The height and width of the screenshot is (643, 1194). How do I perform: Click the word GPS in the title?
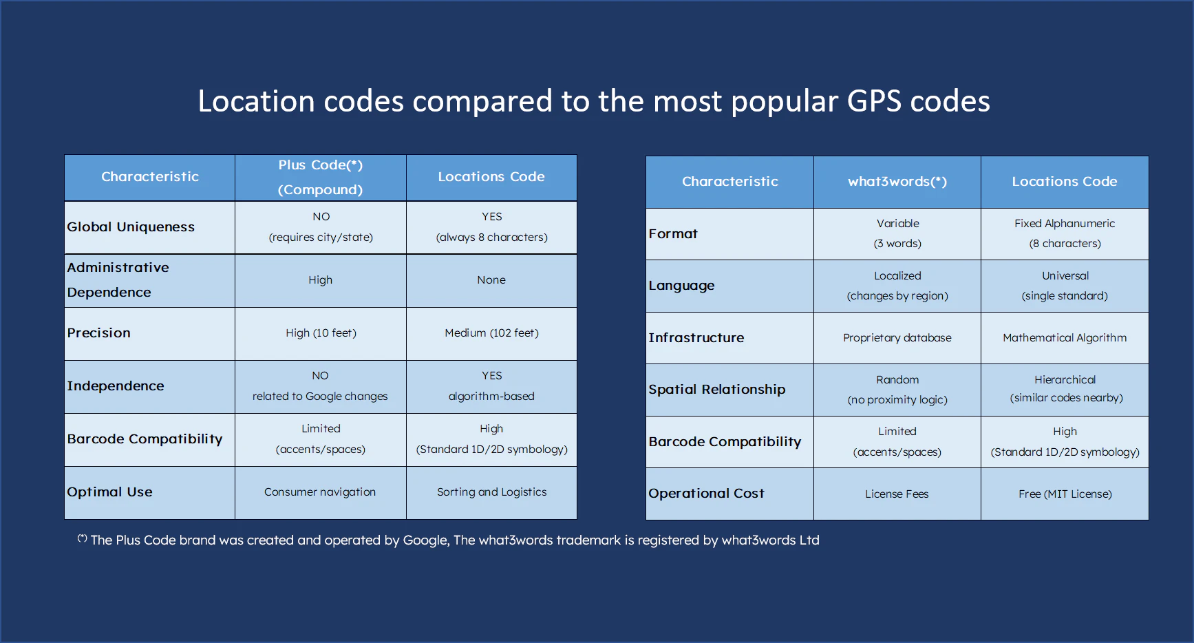tap(873, 102)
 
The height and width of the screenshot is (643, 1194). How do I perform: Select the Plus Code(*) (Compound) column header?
tap(320, 177)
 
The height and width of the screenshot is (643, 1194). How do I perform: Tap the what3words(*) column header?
tap(897, 182)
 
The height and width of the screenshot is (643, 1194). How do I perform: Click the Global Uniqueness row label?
tap(131, 227)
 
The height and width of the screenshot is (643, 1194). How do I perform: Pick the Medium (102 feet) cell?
tap(491, 333)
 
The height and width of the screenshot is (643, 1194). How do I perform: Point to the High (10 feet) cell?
tap(321, 333)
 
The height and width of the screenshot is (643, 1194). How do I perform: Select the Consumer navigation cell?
tap(320, 492)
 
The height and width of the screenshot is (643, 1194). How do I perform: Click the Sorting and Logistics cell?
tap(491, 492)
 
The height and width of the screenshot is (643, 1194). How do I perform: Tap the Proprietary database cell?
tap(897, 338)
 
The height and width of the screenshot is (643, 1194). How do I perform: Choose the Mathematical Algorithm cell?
tap(1064, 338)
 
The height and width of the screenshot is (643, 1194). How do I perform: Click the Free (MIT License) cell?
tap(1065, 494)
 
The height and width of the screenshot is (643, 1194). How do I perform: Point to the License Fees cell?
tap(897, 494)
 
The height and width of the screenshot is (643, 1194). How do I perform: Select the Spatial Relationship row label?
tap(716, 390)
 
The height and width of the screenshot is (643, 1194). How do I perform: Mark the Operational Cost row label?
tap(706, 494)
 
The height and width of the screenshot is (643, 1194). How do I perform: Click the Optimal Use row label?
tap(109, 492)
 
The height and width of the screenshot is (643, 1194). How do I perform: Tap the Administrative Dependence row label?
tap(118, 280)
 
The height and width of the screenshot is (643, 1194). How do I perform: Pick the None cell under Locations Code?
tap(491, 280)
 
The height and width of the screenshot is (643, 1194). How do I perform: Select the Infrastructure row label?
tap(696, 338)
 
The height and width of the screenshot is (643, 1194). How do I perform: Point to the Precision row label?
tap(98, 333)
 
